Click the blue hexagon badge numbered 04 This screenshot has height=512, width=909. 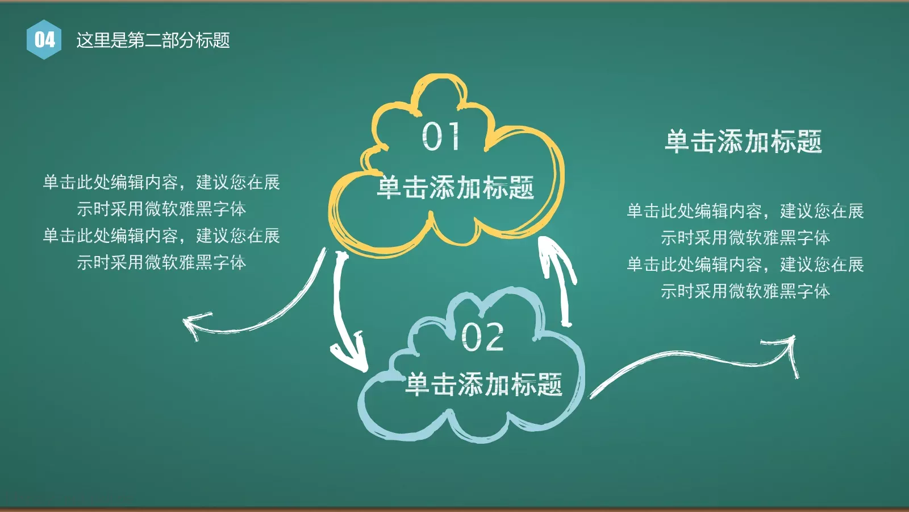point(44,39)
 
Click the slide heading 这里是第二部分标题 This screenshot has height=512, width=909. point(153,40)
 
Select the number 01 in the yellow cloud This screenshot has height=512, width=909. point(440,137)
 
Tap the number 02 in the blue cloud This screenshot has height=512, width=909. point(482,337)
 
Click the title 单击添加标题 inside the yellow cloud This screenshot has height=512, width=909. point(455,187)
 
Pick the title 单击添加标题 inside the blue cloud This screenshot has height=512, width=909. point(484,385)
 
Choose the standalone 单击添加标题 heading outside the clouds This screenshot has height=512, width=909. point(743,141)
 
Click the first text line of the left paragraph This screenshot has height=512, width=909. point(161,182)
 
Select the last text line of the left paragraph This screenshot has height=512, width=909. point(161,262)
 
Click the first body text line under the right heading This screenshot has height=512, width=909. point(745,211)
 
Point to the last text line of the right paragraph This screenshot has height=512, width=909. point(745,291)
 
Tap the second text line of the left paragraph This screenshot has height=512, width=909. point(161,209)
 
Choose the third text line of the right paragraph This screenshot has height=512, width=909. point(745,265)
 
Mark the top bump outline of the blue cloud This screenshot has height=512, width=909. point(483,295)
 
